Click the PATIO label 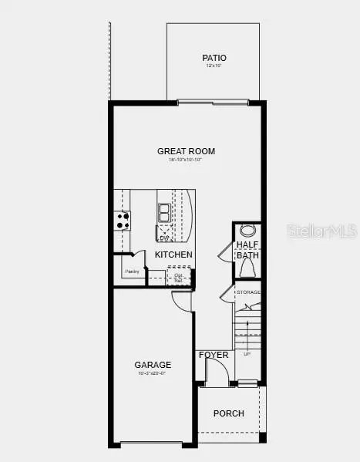click(x=214, y=58)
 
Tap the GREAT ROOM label click(x=186, y=151)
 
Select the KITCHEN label click(x=173, y=255)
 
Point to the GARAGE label click(x=153, y=365)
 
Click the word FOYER click(x=214, y=355)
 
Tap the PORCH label click(x=229, y=413)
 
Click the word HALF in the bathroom click(x=247, y=244)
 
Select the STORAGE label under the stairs click(x=248, y=292)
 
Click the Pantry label click(x=132, y=271)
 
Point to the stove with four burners click(x=123, y=220)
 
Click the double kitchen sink click(x=164, y=212)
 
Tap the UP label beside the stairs click(x=247, y=354)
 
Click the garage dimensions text click(x=153, y=373)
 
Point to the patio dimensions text click(x=214, y=66)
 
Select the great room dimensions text click(x=186, y=160)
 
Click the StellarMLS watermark click(x=321, y=231)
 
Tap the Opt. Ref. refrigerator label click(x=178, y=277)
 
